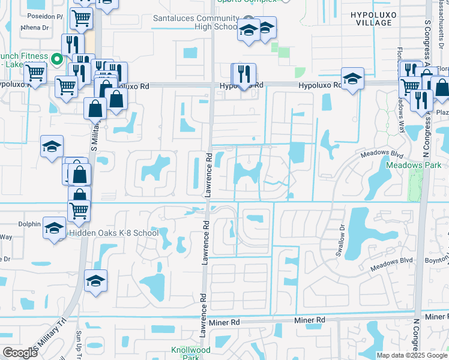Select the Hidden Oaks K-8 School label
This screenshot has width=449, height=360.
pyautogui.click(x=113, y=233)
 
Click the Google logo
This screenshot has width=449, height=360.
pyautogui.click(x=20, y=352)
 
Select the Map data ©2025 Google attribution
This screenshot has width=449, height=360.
pyautogui.click(x=412, y=355)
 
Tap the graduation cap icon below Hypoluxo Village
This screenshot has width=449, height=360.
pyautogui.click(x=352, y=79)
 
